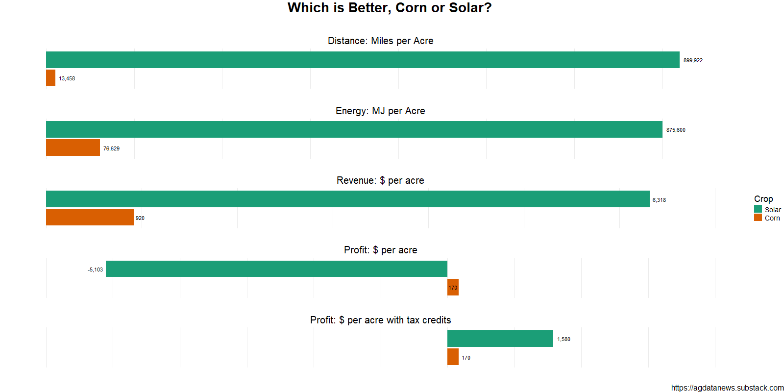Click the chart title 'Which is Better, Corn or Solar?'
390,8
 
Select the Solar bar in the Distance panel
363,60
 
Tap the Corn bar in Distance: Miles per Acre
50,78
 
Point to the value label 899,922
693,60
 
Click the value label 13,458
67,78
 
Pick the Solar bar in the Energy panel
354,129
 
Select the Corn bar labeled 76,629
73,147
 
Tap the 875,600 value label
676,130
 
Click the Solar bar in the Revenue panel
347,199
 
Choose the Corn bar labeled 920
90,218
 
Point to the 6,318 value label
659,200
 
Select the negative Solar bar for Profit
276,269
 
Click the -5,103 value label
95,269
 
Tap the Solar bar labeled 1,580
500,339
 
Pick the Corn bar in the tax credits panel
453,357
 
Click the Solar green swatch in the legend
758,209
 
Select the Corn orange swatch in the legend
758,218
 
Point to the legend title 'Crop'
763,198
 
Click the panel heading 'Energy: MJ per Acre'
380,111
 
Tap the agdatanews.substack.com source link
727,388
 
